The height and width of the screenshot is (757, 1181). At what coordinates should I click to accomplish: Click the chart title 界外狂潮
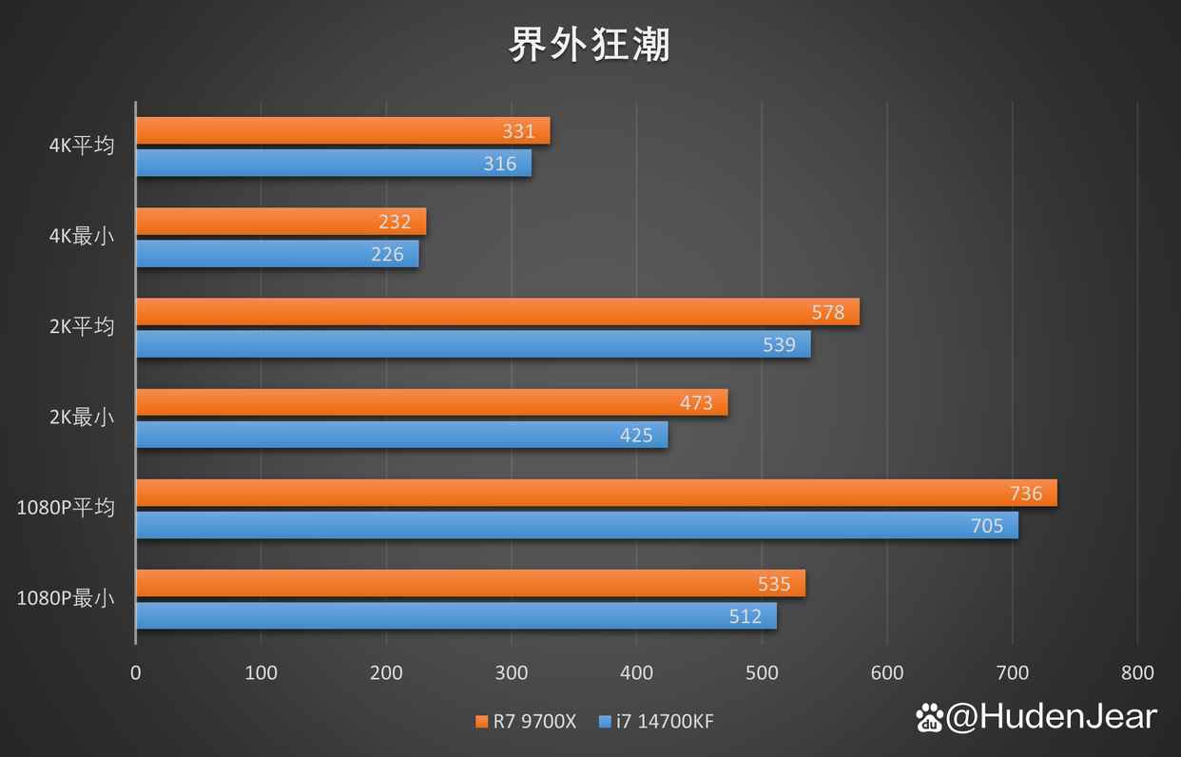coord(590,44)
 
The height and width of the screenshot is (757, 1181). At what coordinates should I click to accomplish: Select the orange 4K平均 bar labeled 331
coord(342,131)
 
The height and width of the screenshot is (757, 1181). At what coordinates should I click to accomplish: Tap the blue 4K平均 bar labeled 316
coord(333,164)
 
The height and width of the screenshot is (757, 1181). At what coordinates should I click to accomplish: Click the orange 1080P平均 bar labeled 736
coord(596,494)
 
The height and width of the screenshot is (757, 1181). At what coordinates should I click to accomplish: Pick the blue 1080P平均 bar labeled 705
coord(576,526)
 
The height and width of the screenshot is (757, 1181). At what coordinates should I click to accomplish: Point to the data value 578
coord(828,312)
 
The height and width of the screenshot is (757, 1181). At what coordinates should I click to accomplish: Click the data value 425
coord(636,436)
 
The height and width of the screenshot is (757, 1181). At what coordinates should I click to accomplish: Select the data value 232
coord(395,222)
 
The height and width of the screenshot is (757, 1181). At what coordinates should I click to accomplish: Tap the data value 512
coord(745,616)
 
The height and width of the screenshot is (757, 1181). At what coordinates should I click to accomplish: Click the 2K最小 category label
coord(82,417)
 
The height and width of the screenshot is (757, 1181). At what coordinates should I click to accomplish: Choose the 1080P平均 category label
coord(66,507)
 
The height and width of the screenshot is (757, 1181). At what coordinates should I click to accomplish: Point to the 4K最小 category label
coord(82,236)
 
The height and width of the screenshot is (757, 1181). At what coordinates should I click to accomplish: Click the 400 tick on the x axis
coord(636,673)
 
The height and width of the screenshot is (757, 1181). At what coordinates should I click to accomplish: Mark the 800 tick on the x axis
coord(1137,673)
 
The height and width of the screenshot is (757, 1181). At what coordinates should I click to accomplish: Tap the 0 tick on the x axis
coord(136,673)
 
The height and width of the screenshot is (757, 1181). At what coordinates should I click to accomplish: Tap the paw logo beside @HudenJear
coord(929,718)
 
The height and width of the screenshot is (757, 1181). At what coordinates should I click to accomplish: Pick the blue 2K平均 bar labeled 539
coord(473,344)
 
